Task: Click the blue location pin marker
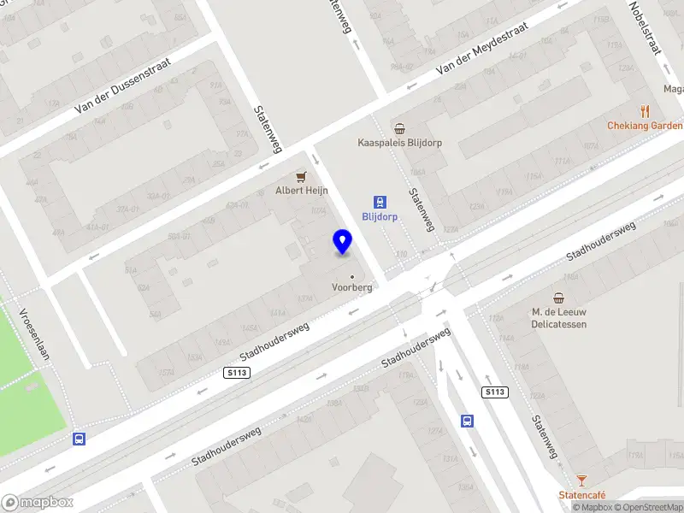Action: tap(343, 242)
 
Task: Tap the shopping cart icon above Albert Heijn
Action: tap(300, 177)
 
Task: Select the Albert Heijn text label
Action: tap(300, 191)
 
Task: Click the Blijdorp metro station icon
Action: tap(380, 203)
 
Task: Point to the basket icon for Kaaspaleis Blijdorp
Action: tap(398, 128)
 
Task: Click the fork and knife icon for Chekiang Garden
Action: tap(645, 111)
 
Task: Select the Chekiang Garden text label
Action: tap(645, 126)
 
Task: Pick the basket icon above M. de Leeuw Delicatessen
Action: tap(558, 298)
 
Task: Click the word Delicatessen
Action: tap(558, 324)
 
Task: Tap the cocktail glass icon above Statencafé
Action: tap(581, 481)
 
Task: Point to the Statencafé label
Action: tap(581, 495)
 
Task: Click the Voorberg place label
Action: tap(352, 288)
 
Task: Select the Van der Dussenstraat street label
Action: tap(123, 86)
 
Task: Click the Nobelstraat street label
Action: tap(646, 28)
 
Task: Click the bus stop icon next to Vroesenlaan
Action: tap(79, 439)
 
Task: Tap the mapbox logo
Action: tap(37, 503)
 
